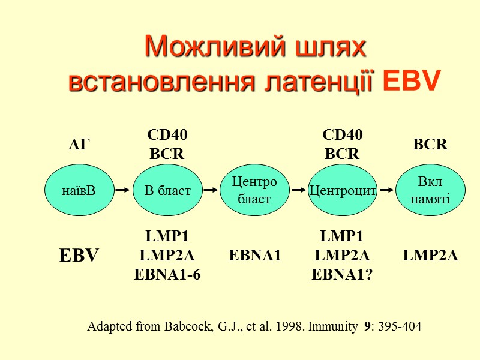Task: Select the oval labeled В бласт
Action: pyautogui.click(x=167, y=191)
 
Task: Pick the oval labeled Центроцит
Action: pyautogui.click(x=342, y=191)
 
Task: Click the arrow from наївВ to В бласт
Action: pyautogui.click(x=122, y=190)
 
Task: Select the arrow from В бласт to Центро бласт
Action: pyautogui.click(x=211, y=190)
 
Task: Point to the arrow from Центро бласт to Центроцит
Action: pyautogui.click(x=299, y=190)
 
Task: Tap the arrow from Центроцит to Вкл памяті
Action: pyautogui.click(x=387, y=190)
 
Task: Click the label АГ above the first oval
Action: pyautogui.click(x=79, y=145)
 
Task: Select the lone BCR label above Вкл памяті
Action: pyautogui.click(x=430, y=145)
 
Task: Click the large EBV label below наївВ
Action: pyautogui.click(x=79, y=256)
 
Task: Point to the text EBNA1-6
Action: pyautogui.click(x=167, y=275)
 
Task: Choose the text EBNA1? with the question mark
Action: pyautogui.click(x=342, y=275)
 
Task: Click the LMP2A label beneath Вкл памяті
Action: pyautogui.click(x=430, y=256)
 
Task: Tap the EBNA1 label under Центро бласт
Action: pyautogui.click(x=255, y=256)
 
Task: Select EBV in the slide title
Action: pyautogui.click(x=411, y=80)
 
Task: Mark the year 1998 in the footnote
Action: pyautogui.click(x=288, y=327)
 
